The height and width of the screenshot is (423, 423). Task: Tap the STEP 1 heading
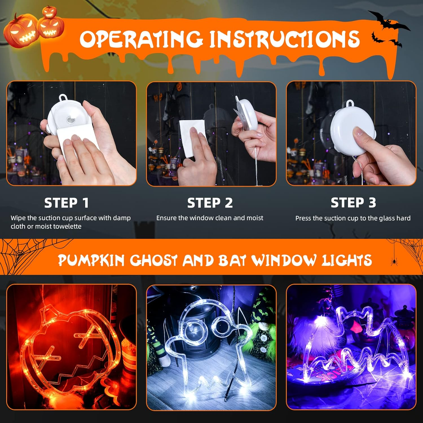coord(67,203)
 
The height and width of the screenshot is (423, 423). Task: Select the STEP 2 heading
coord(210,203)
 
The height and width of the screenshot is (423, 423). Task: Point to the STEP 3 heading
coord(353,202)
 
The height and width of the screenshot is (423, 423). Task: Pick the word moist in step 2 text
coord(255,218)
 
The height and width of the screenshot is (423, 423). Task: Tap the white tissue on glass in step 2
coord(192,138)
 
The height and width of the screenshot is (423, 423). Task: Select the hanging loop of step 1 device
coord(62,98)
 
